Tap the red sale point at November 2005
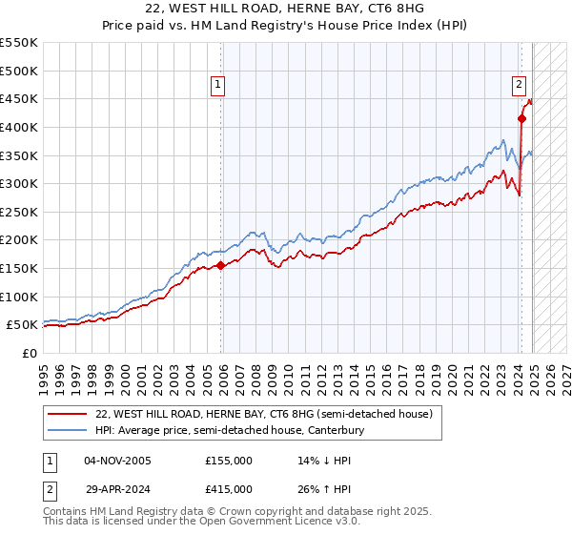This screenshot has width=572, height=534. point(221,265)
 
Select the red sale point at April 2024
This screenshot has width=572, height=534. point(521,118)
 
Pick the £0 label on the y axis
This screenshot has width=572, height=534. point(29,353)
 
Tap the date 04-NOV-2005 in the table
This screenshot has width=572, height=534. point(117,460)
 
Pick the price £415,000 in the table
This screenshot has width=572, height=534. point(229,488)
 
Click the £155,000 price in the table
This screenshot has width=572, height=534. point(229,460)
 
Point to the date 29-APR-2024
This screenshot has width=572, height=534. point(117,488)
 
